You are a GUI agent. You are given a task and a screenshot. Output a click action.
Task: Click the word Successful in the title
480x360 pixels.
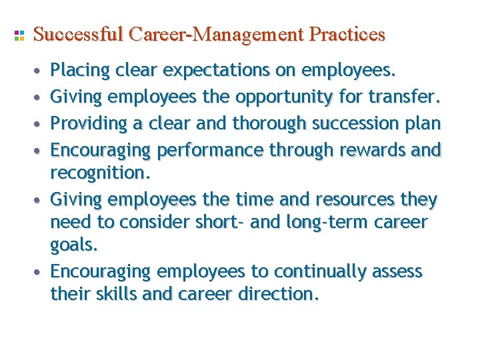point(77,34)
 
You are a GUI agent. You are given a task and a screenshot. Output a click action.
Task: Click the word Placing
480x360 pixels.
point(80,71)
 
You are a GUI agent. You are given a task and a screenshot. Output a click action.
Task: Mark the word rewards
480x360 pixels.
point(373,150)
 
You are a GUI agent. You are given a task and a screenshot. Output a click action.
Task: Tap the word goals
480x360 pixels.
point(74,245)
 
